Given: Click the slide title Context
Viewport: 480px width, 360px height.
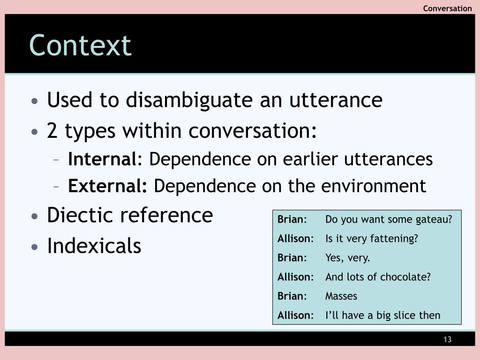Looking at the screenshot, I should click(x=80, y=45).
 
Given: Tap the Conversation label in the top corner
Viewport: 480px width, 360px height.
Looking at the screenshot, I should click(x=447, y=8).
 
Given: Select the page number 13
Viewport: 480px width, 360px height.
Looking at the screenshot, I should click(x=447, y=339).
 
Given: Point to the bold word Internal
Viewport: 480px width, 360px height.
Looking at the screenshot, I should click(x=102, y=159).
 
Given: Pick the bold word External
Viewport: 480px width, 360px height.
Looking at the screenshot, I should click(x=107, y=186).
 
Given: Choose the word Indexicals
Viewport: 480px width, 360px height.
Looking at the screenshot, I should click(x=94, y=246).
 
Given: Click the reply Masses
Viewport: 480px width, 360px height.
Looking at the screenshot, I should click(x=341, y=296).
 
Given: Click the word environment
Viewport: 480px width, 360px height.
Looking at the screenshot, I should click(x=374, y=186).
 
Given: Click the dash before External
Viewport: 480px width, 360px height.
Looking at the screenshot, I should click(x=56, y=187).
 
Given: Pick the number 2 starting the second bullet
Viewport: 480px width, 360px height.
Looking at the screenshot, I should click(x=52, y=131).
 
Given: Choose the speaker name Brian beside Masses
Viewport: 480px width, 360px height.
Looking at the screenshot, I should click(x=291, y=296).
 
